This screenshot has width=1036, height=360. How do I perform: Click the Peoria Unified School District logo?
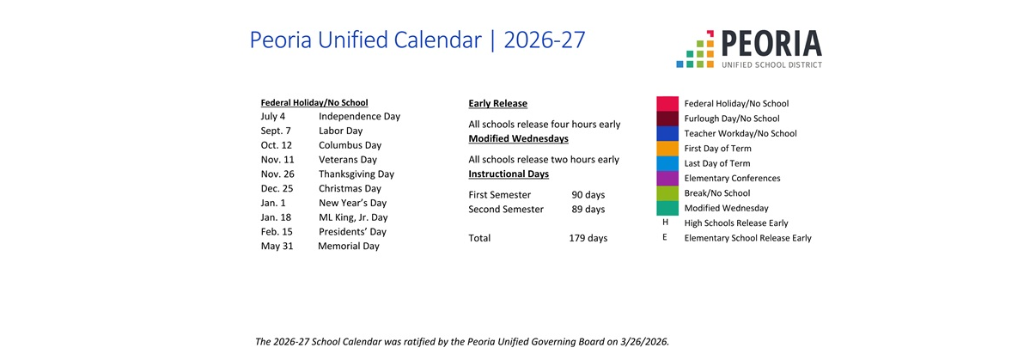749,49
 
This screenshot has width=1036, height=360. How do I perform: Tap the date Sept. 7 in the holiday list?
276,131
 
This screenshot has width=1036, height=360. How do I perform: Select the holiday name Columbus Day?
350,145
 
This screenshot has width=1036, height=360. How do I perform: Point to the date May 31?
277,247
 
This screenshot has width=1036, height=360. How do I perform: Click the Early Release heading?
497,104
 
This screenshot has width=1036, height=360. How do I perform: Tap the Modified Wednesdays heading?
519,139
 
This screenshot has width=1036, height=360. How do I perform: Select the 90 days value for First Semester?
588,195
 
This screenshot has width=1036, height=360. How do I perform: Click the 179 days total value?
588,238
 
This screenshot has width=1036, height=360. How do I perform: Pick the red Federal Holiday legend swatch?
667,104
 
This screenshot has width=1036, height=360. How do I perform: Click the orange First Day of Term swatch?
667,149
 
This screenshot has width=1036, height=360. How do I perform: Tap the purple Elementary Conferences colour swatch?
667,179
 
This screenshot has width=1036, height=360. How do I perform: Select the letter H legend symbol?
665,223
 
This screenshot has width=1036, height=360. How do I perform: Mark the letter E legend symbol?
665,237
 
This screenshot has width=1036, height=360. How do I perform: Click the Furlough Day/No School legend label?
732,119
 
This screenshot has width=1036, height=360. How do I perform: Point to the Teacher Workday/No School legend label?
740,134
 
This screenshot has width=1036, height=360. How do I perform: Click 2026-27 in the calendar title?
545,40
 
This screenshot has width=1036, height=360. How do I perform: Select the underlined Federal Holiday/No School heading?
314,103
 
